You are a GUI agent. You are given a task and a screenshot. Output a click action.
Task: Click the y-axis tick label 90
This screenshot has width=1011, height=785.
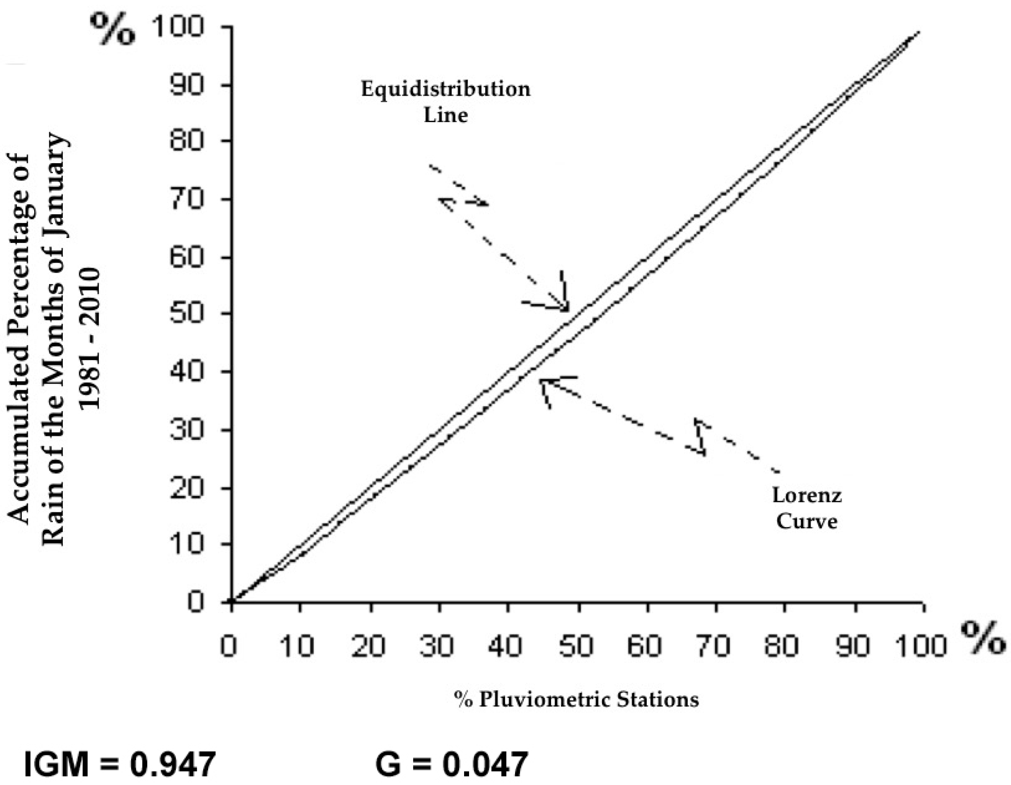[x=187, y=85]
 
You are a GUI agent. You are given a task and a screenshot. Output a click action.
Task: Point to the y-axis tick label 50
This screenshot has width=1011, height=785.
[x=187, y=314]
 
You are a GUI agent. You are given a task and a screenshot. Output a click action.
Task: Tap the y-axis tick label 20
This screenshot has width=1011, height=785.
[x=187, y=488]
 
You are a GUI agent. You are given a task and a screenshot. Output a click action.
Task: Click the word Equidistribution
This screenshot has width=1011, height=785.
[x=445, y=89]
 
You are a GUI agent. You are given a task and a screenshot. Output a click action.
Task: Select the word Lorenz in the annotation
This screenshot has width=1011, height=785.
[x=807, y=496]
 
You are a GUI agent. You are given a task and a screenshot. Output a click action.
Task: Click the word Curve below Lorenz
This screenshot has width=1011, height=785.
[x=807, y=522]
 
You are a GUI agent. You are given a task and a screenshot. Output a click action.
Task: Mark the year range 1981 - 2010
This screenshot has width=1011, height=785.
[x=90, y=338]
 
